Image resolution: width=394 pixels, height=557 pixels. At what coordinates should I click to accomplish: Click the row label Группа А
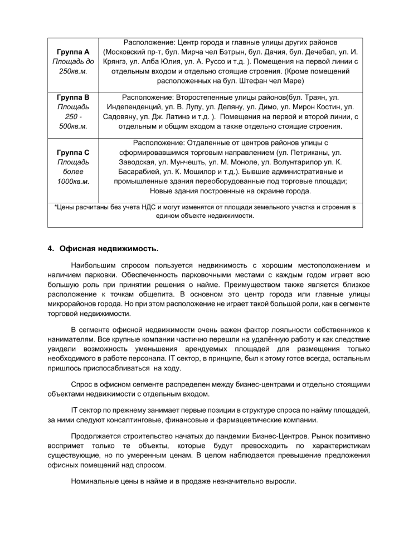(73, 51)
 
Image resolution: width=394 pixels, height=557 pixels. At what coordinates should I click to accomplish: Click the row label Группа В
(73, 97)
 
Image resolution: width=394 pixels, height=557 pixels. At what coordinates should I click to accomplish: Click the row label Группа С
(73, 152)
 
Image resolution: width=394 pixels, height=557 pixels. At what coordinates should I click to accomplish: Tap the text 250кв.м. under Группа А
(73, 71)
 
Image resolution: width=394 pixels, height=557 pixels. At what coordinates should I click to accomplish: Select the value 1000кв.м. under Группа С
(73, 182)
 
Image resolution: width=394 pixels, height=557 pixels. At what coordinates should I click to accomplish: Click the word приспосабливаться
(115, 369)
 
